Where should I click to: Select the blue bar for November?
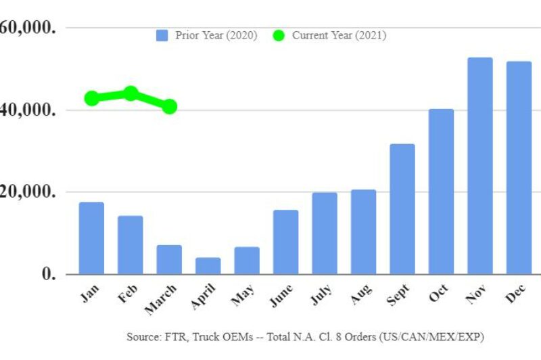point(480,166)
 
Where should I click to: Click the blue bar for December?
point(519,168)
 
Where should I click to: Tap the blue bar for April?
point(208,266)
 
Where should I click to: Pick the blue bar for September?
point(402,209)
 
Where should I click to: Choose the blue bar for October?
point(441,192)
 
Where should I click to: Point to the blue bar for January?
point(91,238)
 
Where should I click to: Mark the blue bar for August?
point(363,232)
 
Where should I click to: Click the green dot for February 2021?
point(131,93)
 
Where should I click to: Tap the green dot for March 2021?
point(170,106)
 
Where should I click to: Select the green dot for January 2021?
point(92,98)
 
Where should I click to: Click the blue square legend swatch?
point(162,35)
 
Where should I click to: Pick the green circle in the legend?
point(279,35)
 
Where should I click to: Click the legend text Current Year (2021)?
point(339,35)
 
